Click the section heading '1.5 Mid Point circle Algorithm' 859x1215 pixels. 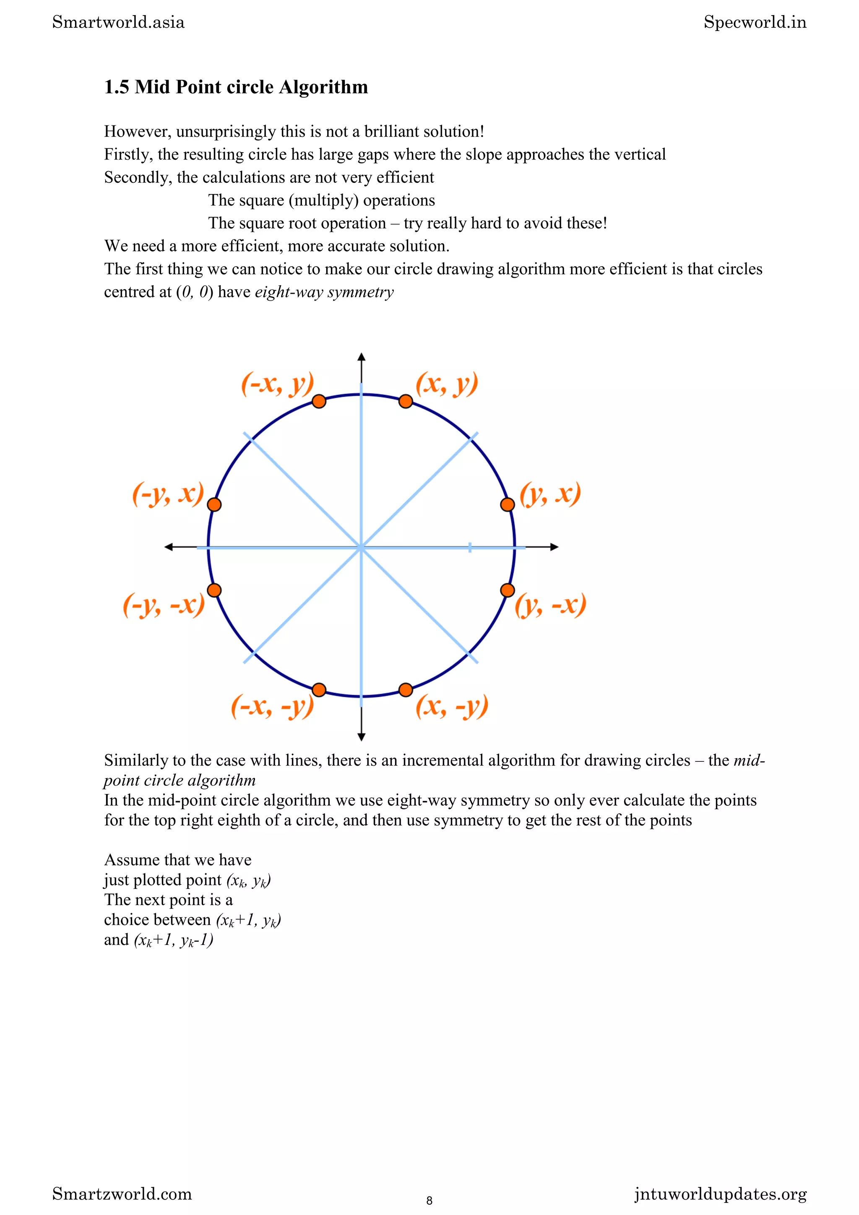236,87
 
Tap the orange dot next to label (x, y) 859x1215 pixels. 406,401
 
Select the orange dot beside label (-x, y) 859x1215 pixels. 319,401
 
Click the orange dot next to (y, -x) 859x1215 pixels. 507,590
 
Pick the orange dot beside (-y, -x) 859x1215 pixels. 214,590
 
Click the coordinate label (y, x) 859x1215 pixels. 550,494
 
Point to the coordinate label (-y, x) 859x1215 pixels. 168,494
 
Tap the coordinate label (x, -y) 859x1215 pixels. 451,706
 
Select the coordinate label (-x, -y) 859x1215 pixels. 272,706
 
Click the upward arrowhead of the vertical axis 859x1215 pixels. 362,357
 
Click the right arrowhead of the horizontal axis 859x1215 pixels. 554,547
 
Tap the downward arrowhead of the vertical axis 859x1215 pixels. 362,737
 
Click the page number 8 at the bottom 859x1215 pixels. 429,1200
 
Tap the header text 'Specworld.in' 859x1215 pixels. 755,22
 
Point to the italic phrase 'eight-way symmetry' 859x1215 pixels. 324,292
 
